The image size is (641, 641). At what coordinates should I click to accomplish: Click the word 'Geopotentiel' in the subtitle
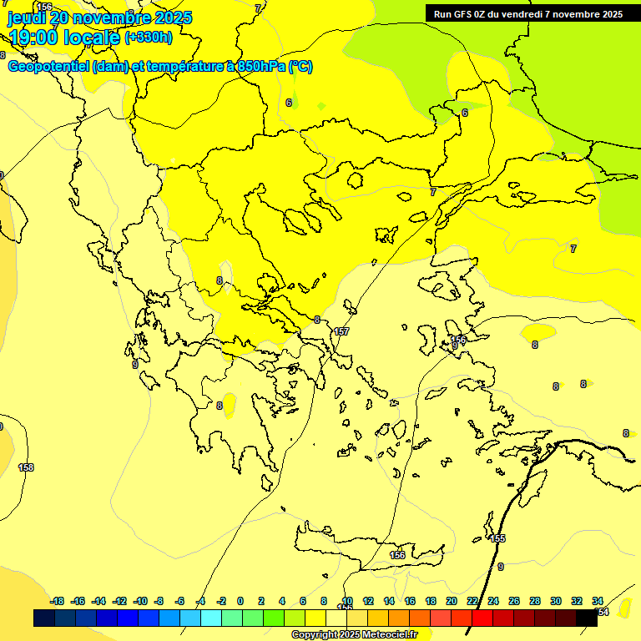(49, 67)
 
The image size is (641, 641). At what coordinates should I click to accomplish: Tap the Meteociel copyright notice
(354, 635)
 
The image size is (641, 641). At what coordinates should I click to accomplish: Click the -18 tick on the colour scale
(57, 601)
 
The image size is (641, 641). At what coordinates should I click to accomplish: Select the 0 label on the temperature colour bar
(240, 601)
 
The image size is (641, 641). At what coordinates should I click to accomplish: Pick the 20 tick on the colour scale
(452, 601)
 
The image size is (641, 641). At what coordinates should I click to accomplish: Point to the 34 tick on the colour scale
(598, 601)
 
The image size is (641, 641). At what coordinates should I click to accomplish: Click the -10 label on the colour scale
(140, 601)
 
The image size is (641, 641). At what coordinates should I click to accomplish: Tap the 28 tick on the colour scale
(535, 601)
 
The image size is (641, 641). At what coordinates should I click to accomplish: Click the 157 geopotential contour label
(341, 331)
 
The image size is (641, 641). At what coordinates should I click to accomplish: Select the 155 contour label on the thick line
(498, 538)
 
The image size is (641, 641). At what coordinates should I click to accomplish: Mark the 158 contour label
(26, 467)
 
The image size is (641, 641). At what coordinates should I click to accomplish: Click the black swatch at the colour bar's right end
(587, 618)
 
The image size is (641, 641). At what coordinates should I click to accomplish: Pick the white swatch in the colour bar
(336, 618)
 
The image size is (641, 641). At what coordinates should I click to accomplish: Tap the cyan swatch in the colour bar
(211, 618)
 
